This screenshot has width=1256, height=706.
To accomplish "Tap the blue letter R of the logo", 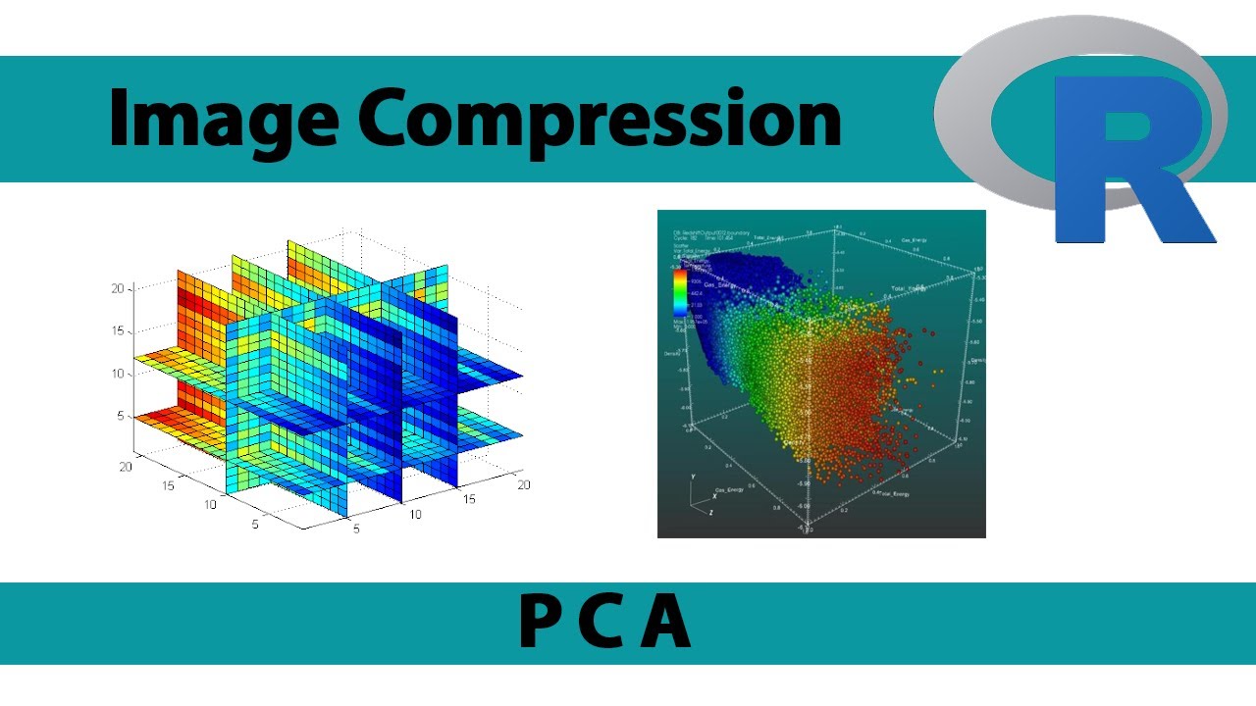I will click(x=1128, y=162).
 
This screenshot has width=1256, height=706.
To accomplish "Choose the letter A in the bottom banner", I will click(x=665, y=623).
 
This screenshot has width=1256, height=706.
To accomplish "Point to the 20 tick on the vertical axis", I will click(x=117, y=288).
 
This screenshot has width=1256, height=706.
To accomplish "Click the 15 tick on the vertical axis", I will click(x=117, y=331).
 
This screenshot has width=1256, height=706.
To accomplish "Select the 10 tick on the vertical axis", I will click(x=117, y=374).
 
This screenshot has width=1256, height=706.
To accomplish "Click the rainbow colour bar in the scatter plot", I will click(x=678, y=290).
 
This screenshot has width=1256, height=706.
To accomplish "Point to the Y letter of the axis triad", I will click(x=694, y=478).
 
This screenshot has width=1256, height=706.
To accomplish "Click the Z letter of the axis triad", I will click(x=710, y=512).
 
